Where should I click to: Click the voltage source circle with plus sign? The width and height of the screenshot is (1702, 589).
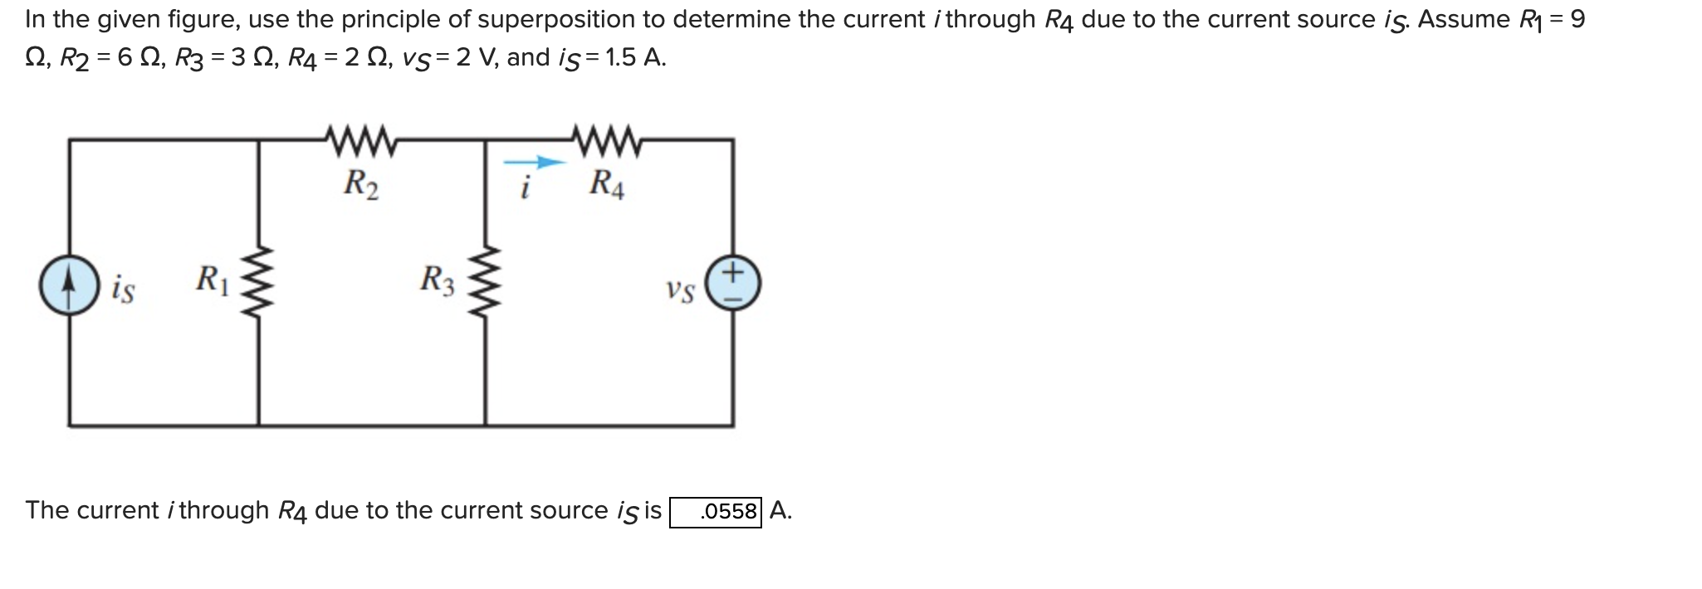(x=732, y=284)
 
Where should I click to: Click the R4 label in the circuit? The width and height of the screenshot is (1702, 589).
(x=607, y=184)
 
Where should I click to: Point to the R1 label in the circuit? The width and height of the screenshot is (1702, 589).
(x=212, y=279)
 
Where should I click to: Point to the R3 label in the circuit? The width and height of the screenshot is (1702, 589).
(x=438, y=280)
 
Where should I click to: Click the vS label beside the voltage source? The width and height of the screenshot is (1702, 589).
(x=680, y=291)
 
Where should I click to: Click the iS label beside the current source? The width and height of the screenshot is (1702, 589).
(x=123, y=290)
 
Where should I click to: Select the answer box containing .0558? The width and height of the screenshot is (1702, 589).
(x=716, y=511)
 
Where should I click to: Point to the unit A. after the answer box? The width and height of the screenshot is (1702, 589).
(x=780, y=510)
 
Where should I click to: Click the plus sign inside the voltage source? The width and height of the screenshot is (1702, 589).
(x=732, y=271)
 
